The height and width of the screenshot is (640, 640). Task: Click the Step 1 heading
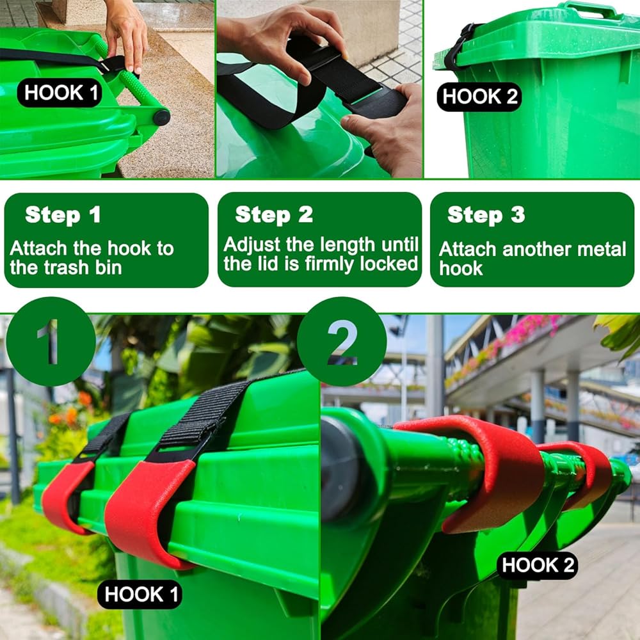tap(63, 214)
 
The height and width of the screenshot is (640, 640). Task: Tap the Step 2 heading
tap(274, 214)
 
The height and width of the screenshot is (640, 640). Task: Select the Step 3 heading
tap(486, 214)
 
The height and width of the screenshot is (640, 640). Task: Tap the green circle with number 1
tap(51, 341)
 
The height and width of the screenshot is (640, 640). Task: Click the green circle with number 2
tap(342, 341)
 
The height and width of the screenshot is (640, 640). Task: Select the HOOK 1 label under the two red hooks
tap(140, 594)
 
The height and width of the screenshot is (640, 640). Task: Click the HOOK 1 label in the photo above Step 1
tap(60, 93)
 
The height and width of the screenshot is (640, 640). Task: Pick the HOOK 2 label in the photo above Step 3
tap(479, 97)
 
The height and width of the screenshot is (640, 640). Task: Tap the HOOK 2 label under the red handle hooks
tap(537, 565)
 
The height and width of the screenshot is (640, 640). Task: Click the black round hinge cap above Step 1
tap(161, 118)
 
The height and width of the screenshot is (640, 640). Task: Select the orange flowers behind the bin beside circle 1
tap(73, 412)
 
